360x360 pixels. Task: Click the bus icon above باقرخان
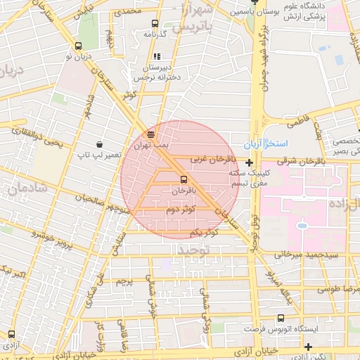pyautogui.click(x=184, y=179)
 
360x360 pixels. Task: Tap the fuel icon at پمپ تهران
pyautogui.click(x=150, y=133)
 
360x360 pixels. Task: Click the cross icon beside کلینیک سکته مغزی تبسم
pyautogui.click(x=249, y=162)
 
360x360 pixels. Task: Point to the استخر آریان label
pyautogui.click(x=265, y=143)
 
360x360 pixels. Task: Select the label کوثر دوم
pyautogui.click(x=181, y=210)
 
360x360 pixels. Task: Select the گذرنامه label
pyautogui.click(x=154, y=33)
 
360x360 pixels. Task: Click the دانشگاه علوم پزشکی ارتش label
pyautogui.click(x=321, y=11)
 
